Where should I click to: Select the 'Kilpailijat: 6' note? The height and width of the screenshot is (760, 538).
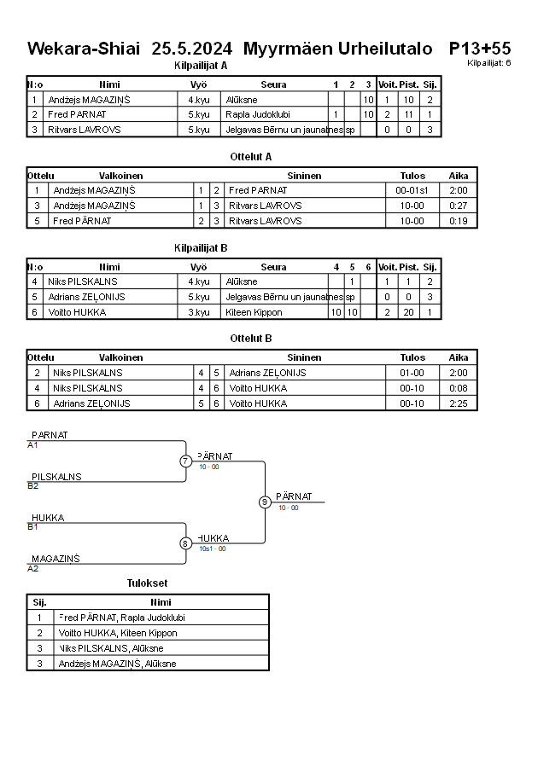click(489, 62)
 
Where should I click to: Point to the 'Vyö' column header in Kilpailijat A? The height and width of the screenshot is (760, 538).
click(198, 84)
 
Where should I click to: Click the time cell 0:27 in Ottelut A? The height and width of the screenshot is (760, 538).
click(459, 206)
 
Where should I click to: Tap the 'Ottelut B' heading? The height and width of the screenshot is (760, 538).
click(251, 338)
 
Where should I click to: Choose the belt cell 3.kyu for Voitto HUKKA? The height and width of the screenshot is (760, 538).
click(198, 312)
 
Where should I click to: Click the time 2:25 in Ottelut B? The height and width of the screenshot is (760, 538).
click(459, 403)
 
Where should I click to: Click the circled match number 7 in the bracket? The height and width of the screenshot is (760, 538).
click(185, 461)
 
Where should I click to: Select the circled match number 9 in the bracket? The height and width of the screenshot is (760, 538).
click(265, 502)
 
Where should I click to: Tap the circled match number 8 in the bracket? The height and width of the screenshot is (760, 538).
click(185, 543)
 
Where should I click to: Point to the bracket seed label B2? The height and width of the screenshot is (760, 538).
click(33, 485)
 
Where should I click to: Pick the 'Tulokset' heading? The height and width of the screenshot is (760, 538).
click(147, 583)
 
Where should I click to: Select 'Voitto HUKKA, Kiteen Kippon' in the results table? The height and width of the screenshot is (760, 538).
click(118, 633)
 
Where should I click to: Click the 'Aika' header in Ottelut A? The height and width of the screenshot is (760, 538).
click(459, 176)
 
